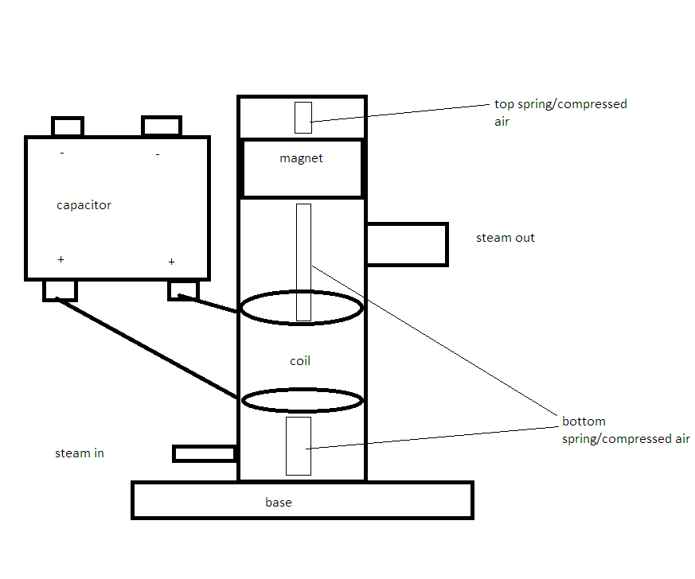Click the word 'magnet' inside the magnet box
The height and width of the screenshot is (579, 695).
pyautogui.click(x=301, y=158)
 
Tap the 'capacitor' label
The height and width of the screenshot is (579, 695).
pyautogui.click(x=84, y=205)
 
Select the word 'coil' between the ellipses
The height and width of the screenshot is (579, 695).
pyautogui.click(x=300, y=361)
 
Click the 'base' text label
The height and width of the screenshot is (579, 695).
pyautogui.click(x=279, y=502)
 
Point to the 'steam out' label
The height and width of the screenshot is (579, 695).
pyautogui.click(x=506, y=238)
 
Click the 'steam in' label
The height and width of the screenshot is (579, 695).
pyautogui.click(x=80, y=453)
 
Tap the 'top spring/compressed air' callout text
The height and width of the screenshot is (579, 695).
pyautogui.click(x=560, y=112)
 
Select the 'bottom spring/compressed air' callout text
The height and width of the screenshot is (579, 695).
pyautogui.click(x=626, y=429)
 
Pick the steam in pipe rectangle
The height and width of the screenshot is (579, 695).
pyautogui.click(x=205, y=453)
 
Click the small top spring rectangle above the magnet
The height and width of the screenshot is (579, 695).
pyautogui.click(x=303, y=118)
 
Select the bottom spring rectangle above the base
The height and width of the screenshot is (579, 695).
pyautogui.click(x=299, y=446)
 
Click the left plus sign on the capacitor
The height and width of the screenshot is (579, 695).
pyautogui.click(x=61, y=259)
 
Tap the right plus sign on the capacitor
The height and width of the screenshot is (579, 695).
pyautogui.click(x=171, y=262)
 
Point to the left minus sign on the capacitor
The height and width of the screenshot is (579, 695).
pyautogui.click(x=62, y=153)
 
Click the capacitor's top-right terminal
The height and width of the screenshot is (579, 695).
pyautogui.click(x=162, y=126)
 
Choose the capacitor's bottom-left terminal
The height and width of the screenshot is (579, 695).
pyautogui.click(x=61, y=291)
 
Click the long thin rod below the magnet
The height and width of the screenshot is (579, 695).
pyautogui.click(x=303, y=262)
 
